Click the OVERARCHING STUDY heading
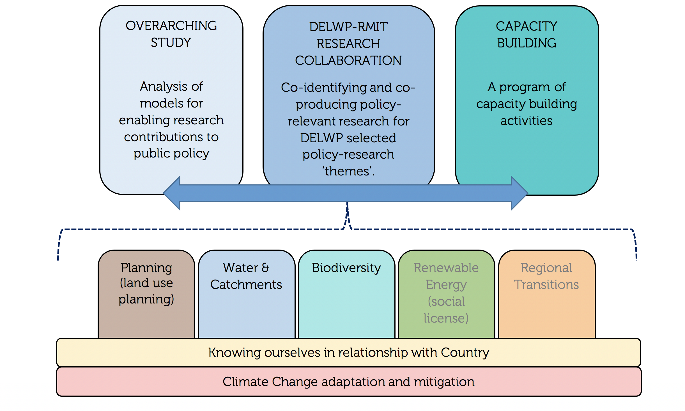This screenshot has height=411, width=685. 171,34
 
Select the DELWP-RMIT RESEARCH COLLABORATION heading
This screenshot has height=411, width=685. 348,44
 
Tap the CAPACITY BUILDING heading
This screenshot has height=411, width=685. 527,35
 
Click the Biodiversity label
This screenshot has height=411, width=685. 346,268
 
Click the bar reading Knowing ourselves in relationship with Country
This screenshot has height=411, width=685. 348,353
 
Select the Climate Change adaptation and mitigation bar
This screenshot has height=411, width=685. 348,382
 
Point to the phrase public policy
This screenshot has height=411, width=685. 171,154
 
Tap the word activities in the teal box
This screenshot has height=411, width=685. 526,121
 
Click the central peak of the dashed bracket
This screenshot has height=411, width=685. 347,208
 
